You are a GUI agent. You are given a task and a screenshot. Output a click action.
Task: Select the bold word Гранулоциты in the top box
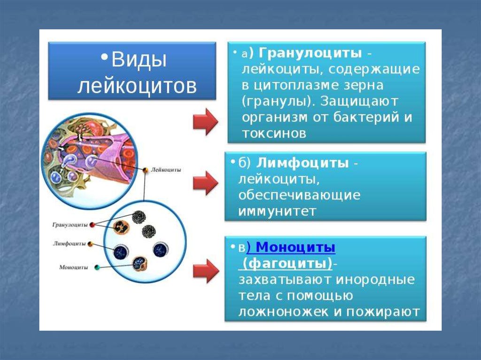click(310, 54)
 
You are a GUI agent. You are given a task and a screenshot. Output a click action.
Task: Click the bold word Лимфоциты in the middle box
click(302, 163)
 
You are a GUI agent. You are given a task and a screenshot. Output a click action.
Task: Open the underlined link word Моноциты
click(295, 247)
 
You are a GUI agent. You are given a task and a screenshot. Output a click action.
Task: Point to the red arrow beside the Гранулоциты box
click(205, 122)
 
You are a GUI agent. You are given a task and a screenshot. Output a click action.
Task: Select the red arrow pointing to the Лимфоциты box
click(205, 183)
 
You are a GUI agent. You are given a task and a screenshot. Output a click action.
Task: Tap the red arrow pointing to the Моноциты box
click(206, 271)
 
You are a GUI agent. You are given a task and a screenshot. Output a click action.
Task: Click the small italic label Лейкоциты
click(166, 169)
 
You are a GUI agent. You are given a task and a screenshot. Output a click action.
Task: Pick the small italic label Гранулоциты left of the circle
click(70, 225)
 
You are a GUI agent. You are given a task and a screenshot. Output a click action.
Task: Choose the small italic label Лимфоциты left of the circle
click(70, 244)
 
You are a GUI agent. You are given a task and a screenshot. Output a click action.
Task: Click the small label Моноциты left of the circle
click(73, 267)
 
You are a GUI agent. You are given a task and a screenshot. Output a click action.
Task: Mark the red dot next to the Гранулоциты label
click(92, 225)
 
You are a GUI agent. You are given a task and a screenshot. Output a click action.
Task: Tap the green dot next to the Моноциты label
click(97, 268)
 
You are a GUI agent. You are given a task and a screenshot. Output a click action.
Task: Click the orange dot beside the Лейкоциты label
click(146, 170)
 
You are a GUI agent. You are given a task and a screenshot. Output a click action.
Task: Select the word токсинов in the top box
click(274, 134)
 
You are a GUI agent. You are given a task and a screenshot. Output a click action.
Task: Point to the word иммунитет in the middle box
click(277, 212)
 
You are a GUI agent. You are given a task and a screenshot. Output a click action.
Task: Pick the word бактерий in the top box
click(365, 117)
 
